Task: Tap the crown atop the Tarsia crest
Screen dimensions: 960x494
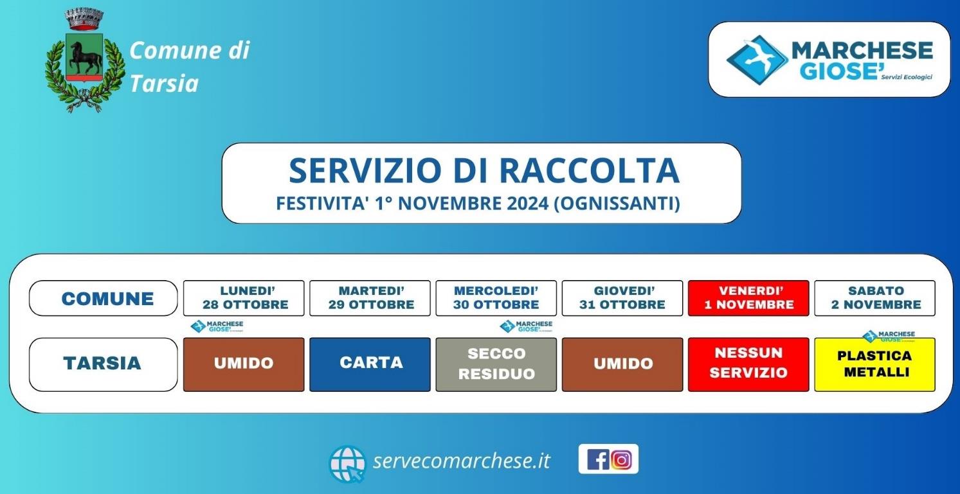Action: tap(84, 19)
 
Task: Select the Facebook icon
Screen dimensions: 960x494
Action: tap(597, 459)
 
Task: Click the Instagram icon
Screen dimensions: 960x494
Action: tap(621, 460)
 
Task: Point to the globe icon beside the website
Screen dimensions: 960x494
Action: tap(347, 464)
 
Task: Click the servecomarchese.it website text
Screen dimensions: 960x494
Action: tap(461, 461)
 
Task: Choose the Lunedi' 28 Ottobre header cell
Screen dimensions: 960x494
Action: tap(244, 298)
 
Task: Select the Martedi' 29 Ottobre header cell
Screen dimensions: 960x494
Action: tap(370, 298)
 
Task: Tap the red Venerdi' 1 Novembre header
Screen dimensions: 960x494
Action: tap(748, 298)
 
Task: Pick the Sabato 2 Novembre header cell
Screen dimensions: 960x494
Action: tap(874, 298)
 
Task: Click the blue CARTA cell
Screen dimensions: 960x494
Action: tap(370, 364)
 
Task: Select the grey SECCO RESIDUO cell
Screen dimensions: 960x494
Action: tap(496, 364)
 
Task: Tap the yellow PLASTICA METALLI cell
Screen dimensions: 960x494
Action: tap(874, 364)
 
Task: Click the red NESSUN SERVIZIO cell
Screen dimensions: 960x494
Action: tap(748, 364)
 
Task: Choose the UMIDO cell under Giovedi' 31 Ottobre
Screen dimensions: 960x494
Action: tap(622, 364)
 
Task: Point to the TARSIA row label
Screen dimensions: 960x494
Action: tap(104, 364)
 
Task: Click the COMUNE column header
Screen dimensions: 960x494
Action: tap(104, 298)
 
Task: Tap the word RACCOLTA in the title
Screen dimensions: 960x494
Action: tap(589, 170)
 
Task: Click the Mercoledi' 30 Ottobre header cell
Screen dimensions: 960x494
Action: tap(496, 298)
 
